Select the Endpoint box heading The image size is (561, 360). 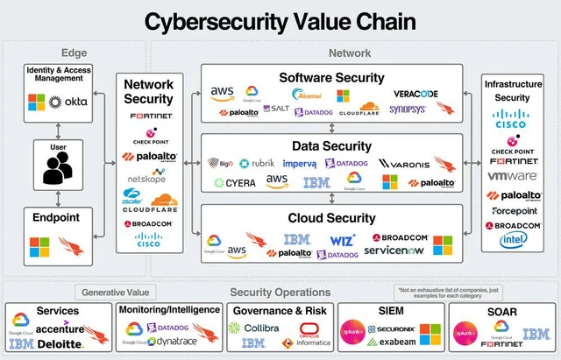point(57,217)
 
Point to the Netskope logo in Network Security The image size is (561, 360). point(146,180)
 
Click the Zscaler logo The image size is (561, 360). point(133,200)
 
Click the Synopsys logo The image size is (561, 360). point(408,109)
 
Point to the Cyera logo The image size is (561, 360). point(235,183)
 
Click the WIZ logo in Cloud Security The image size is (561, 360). point(343,238)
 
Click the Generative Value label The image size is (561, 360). point(117,292)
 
